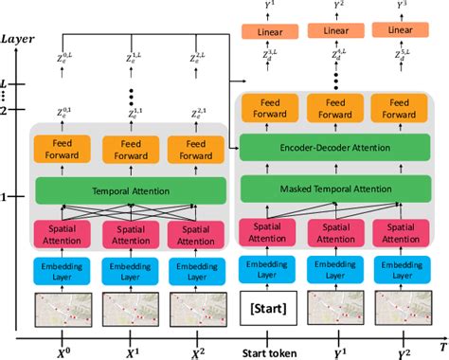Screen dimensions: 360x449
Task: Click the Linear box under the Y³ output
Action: click(x=399, y=31)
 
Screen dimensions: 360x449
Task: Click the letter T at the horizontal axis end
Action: click(x=440, y=346)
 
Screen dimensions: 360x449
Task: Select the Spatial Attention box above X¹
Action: click(x=129, y=235)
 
